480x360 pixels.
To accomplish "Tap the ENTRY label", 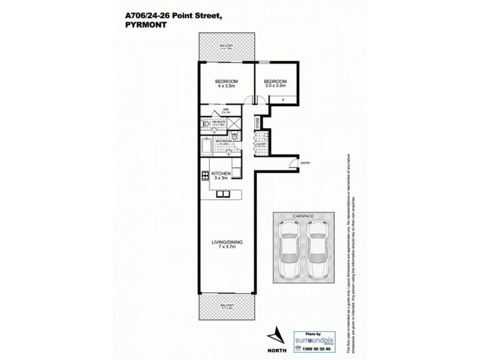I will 305,163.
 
